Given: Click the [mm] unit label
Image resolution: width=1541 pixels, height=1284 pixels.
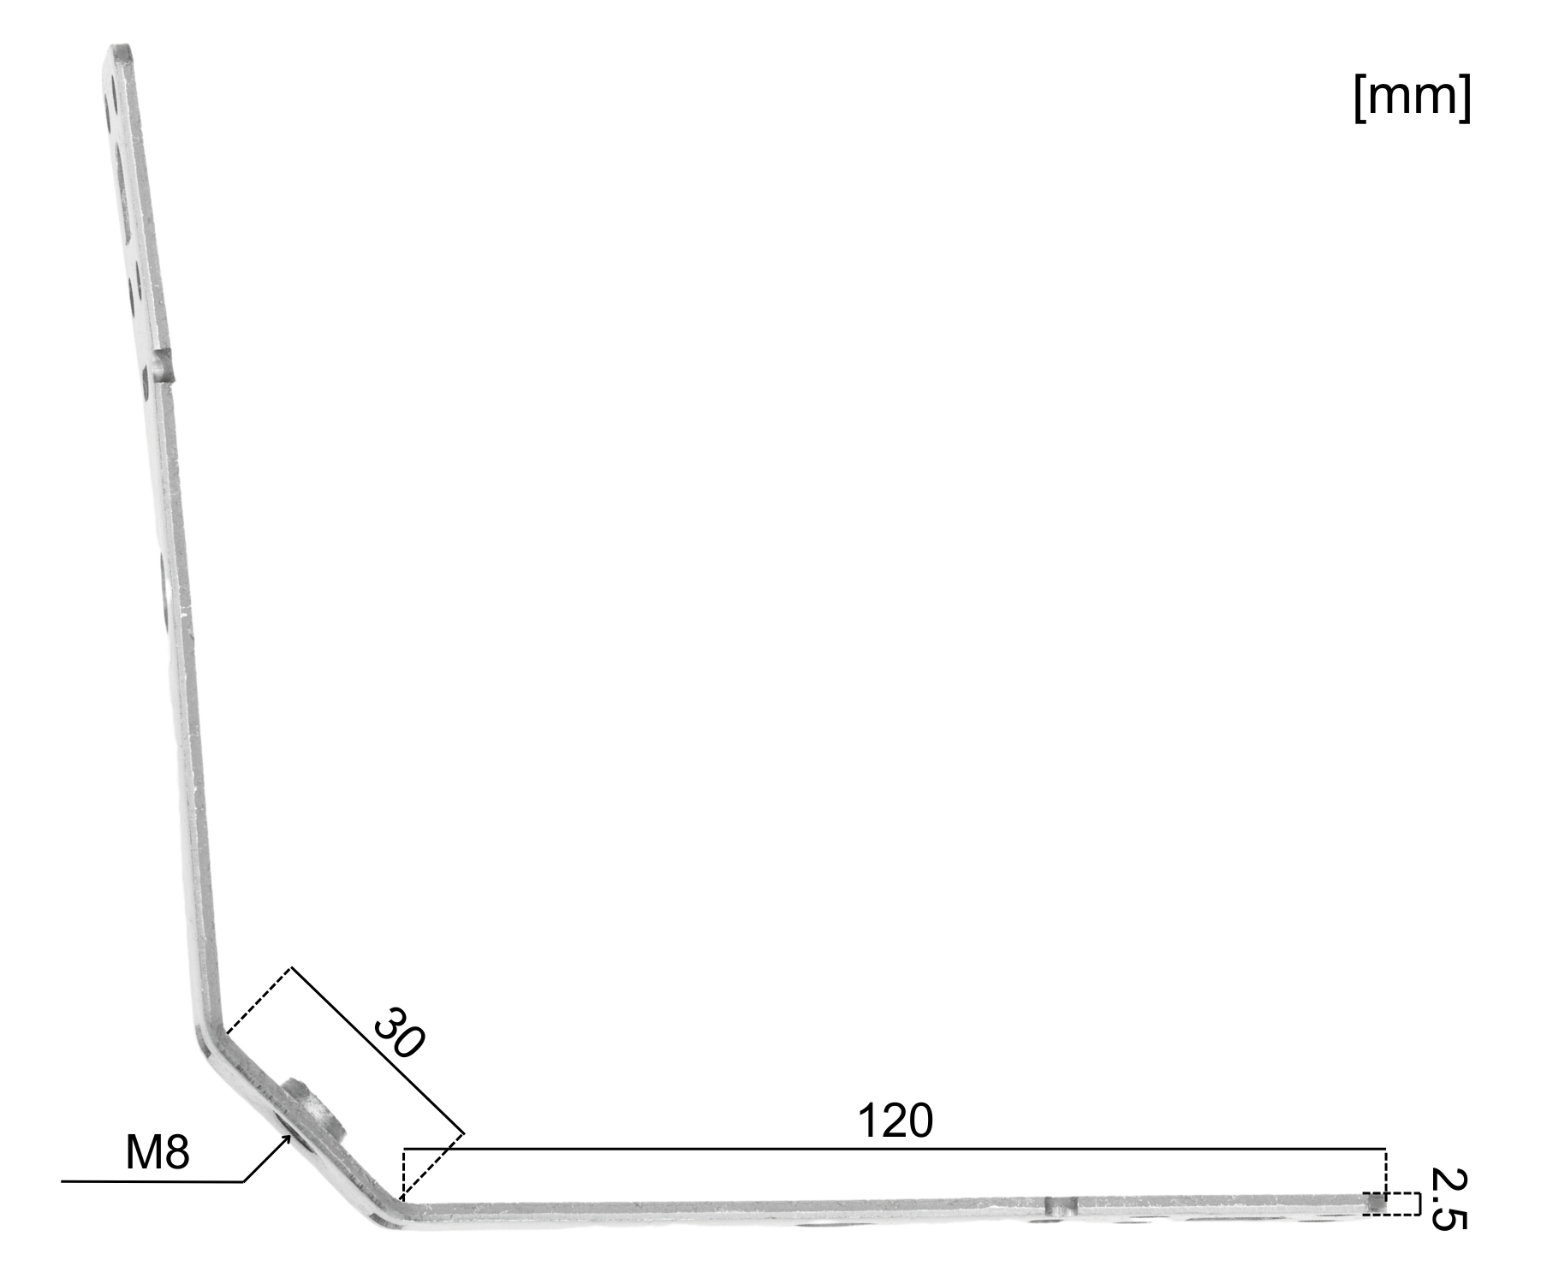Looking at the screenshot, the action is coord(1413,97).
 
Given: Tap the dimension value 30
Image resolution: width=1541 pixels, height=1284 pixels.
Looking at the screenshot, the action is coord(398,1033).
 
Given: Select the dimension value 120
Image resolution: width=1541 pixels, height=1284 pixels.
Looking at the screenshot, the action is coord(895,1121).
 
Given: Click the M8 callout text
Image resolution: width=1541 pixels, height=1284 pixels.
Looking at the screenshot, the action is coord(158,1153).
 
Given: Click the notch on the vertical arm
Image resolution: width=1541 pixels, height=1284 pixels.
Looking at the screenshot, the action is coord(164,365).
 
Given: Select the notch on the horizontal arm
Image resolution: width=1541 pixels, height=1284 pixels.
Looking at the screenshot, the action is coord(1060,1207).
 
